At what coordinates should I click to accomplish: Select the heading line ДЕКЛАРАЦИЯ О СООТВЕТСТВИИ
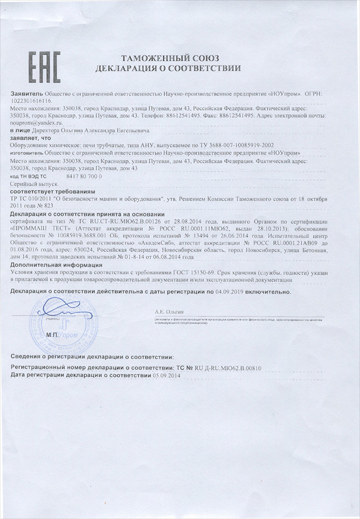[168, 67]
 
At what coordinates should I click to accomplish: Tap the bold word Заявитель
[27, 94]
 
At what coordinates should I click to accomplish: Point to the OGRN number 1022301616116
[30, 101]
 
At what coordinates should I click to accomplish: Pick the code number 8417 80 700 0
[84, 176]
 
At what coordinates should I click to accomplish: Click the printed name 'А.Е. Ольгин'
[168, 313]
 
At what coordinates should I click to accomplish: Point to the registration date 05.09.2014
[166, 376]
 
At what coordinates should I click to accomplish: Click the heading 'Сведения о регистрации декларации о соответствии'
[92, 357]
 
